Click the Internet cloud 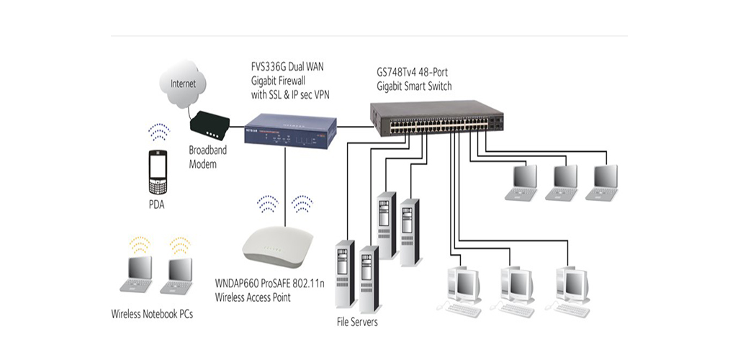point(183,85)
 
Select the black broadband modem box point(209,126)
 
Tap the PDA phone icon point(158,171)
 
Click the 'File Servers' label point(357,321)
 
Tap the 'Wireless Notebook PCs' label point(152,314)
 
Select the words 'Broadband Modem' point(210,157)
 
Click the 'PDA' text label point(157,204)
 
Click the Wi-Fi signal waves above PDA point(158,133)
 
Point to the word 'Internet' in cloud point(183,84)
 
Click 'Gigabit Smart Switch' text point(413,86)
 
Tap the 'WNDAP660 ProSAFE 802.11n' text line point(274,284)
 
